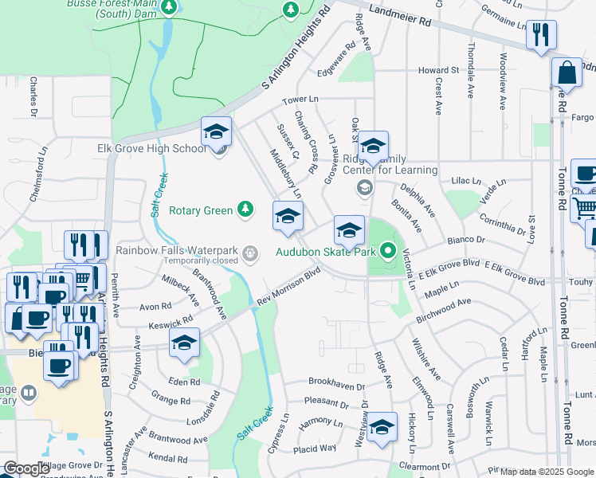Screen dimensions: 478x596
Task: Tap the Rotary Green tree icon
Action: click(246, 210)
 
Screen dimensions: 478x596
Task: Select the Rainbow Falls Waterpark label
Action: click(178, 249)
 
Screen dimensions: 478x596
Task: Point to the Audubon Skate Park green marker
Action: click(389, 253)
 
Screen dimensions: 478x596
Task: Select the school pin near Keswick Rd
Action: click(184, 344)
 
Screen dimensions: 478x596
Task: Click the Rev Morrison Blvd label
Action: click(289, 286)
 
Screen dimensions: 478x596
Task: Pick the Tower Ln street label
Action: click(300, 100)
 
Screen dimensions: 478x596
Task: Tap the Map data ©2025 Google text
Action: click(547, 472)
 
